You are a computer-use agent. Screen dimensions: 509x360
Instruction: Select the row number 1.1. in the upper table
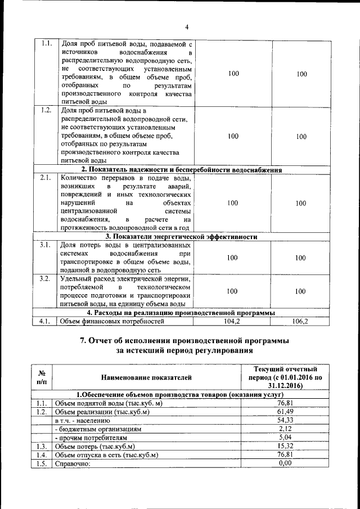pos(47,44)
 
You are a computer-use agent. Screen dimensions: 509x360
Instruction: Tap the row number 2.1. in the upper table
pos(47,178)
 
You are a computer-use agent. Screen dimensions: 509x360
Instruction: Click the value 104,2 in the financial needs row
pos(232,322)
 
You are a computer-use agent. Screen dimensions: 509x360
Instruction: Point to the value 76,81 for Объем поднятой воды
pos(287,403)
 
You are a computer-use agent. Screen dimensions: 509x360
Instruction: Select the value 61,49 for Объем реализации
pos(287,412)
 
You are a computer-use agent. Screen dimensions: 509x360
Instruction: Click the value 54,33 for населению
pos(287,420)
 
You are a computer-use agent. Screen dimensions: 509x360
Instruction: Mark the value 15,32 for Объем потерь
pos(287,446)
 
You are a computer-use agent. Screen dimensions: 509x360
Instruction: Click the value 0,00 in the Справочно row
pos(287,463)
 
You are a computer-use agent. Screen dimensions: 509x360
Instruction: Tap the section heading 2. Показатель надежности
pos(182,169)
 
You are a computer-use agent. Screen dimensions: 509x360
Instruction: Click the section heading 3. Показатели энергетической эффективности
pos(182,237)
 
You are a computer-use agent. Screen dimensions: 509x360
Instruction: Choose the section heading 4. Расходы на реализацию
pos(182,313)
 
